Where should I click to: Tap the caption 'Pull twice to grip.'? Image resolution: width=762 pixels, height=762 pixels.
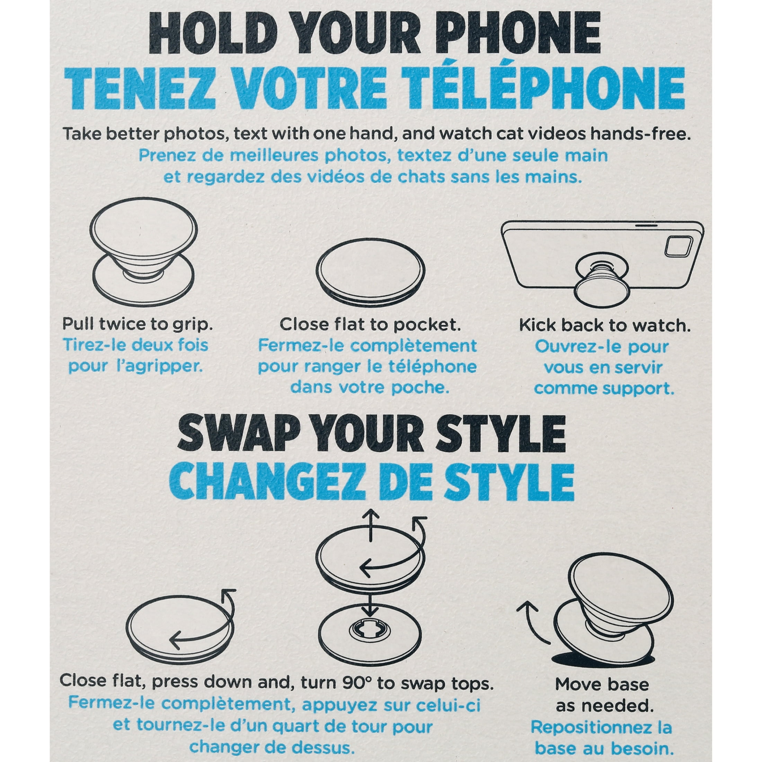pos(137,324)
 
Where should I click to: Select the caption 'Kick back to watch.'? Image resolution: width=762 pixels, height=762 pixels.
pos(604,325)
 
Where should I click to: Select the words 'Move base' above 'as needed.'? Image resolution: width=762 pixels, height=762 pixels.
pos(602,684)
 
